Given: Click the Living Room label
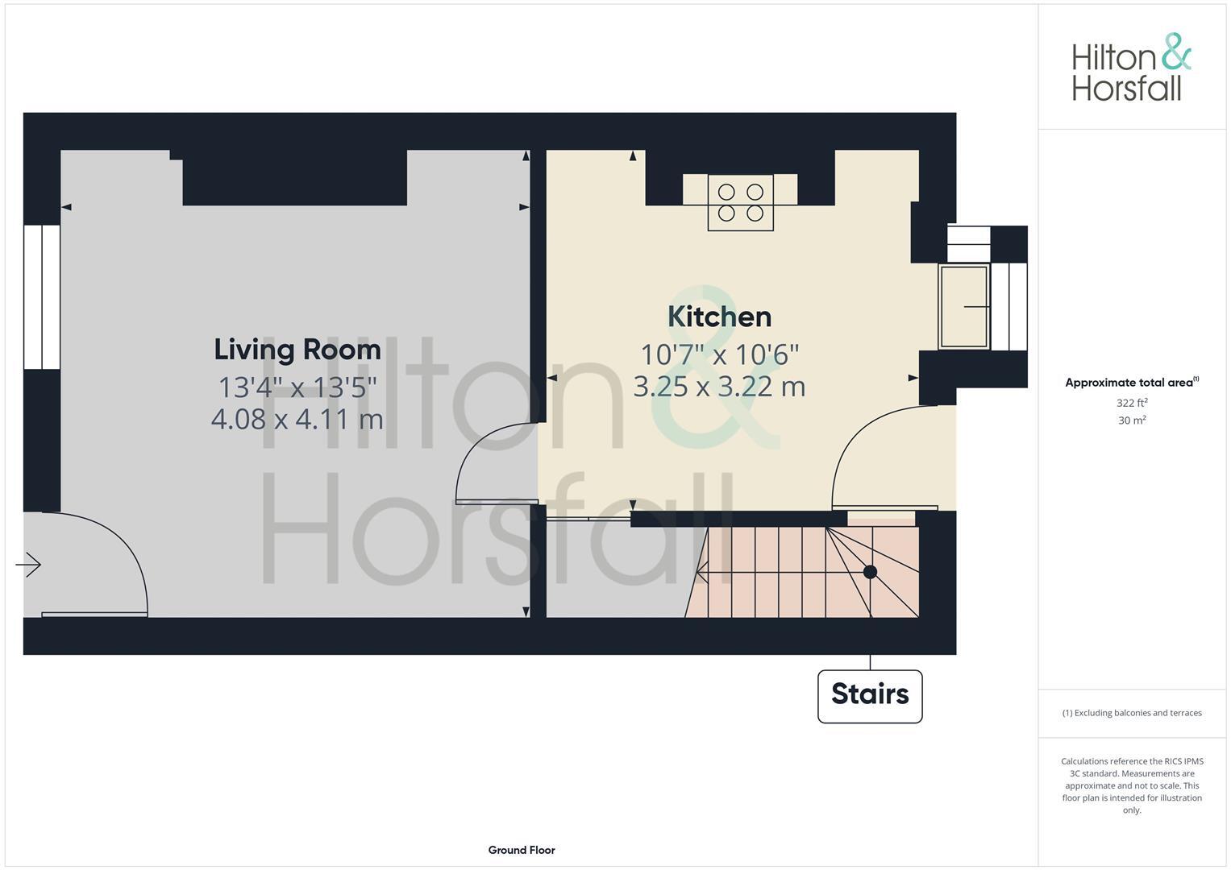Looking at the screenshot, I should (x=297, y=350).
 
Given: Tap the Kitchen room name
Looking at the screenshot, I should (x=719, y=317).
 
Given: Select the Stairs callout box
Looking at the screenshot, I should (x=870, y=695).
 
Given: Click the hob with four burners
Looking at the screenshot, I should (x=740, y=202).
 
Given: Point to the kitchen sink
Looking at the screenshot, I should (x=964, y=307).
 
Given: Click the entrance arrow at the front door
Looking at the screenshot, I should (x=29, y=565).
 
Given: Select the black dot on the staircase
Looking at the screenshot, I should (x=870, y=572).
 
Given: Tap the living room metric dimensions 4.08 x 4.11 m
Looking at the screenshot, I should (x=297, y=419).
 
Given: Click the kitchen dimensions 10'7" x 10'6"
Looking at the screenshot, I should (x=719, y=354).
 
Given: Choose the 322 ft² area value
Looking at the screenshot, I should (x=1132, y=403).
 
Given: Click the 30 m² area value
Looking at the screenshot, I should (x=1132, y=420).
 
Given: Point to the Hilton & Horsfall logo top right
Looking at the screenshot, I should (x=1130, y=68).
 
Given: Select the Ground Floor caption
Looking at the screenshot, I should (x=522, y=850).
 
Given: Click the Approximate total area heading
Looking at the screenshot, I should (x=1131, y=383).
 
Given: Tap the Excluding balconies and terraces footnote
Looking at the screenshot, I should (x=1132, y=713).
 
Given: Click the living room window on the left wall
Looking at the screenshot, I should (x=41, y=296).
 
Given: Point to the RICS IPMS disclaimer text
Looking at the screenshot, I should (x=1132, y=785).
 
